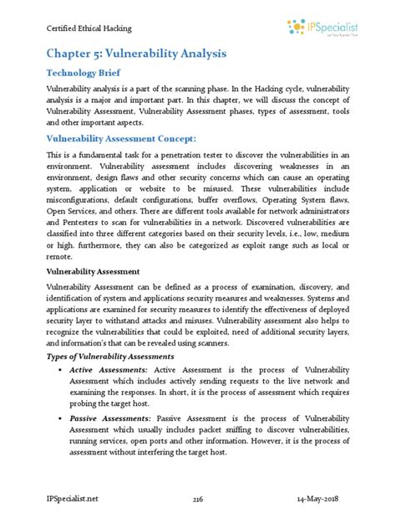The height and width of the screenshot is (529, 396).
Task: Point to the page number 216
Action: point(198,499)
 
